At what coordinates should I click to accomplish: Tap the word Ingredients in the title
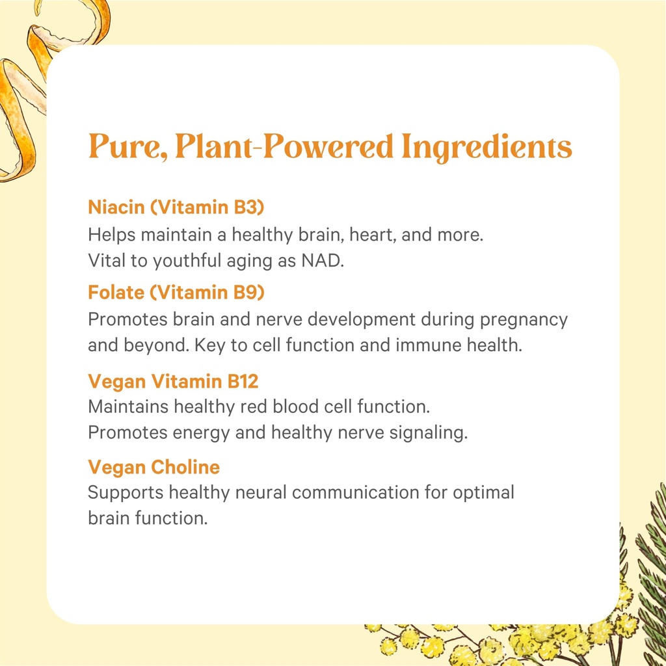click(486, 148)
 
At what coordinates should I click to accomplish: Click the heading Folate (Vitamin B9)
click(176, 293)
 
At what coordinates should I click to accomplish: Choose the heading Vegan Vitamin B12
click(173, 380)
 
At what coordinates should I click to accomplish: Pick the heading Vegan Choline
click(153, 467)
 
